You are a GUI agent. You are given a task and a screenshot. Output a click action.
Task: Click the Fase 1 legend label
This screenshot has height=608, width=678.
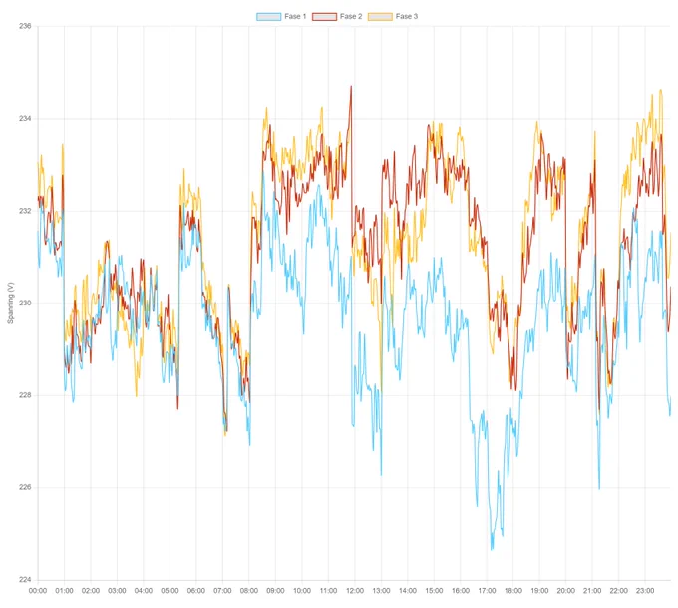(x=295, y=16)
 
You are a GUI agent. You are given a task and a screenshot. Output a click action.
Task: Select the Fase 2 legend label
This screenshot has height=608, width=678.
(x=351, y=16)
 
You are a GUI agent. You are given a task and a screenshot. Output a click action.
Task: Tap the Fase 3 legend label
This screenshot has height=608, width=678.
(x=407, y=16)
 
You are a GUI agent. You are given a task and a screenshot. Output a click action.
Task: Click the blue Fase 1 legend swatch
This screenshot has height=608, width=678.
(x=268, y=16)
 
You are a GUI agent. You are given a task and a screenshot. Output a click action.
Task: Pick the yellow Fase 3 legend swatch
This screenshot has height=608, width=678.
(x=380, y=16)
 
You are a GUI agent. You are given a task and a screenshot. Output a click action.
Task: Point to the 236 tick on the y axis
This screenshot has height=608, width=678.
(x=25, y=26)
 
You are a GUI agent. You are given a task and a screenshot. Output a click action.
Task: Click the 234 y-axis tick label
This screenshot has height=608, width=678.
(x=25, y=118)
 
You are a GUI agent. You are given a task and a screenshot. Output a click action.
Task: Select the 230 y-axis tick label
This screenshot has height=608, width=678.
(x=25, y=304)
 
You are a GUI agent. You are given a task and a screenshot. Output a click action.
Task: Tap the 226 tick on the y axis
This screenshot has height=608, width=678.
(x=25, y=487)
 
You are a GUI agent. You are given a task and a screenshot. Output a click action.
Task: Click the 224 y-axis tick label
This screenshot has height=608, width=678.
(x=25, y=580)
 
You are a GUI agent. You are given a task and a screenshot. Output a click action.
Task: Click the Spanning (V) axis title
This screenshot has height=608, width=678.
(x=10, y=303)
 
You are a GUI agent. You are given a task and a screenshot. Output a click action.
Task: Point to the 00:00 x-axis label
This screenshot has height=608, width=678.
(x=38, y=591)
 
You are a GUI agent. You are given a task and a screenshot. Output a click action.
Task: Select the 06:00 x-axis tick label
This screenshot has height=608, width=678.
(x=195, y=591)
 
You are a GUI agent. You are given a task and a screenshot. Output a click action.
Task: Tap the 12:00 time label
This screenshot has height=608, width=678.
(x=355, y=591)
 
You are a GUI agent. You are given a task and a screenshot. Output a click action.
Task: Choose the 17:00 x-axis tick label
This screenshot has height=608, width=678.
(x=487, y=591)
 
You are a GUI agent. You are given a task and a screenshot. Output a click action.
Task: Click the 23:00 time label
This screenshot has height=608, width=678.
(x=645, y=591)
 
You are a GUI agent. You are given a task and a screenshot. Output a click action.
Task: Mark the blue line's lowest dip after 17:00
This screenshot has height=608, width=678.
(x=492, y=550)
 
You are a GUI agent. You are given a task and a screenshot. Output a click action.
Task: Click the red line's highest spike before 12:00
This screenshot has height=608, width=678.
(x=351, y=86)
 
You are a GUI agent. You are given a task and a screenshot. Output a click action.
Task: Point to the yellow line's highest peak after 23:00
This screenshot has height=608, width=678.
(x=660, y=90)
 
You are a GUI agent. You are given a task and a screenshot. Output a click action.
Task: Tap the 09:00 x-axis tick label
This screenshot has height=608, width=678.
(x=275, y=591)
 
